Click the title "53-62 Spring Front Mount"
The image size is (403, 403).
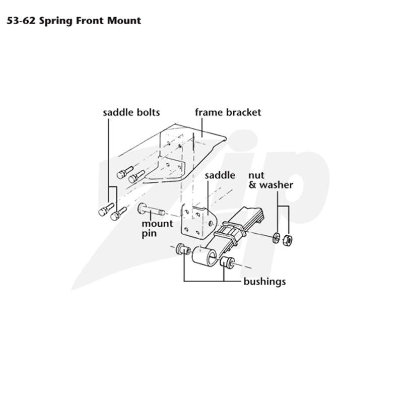pyautogui.click(x=74, y=21)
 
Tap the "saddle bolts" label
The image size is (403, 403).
pyautogui.click(x=131, y=112)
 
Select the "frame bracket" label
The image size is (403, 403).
pyautogui.click(x=228, y=112)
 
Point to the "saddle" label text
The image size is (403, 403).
pyautogui.click(x=220, y=175)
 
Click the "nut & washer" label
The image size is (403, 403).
pyautogui.click(x=271, y=180)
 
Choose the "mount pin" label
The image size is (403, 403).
pyautogui.click(x=157, y=229)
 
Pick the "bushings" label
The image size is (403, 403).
pyautogui.click(x=264, y=282)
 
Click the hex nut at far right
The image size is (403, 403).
pyautogui.click(x=287, y=240)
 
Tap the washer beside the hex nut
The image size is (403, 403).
pyautogui.click(x=277, y=238)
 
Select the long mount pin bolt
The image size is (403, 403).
pyautogui.click(x=151, y=210)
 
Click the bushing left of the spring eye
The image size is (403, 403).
pyautogui.click(x=183, y=249)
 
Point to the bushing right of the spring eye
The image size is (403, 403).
pyautogui.click(x=227, y=262)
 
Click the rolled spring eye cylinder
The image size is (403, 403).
pyautogui.click(x=205, y=257)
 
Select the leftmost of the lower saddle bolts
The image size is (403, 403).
pyautogui.click(x=106, y=210)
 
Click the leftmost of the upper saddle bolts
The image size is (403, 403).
pyautogui.click(x=125, y=172)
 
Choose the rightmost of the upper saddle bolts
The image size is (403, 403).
pyautogui.click(x=137, y=177)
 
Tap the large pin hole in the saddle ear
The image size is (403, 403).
pyautogui.click(x=211, y=223)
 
